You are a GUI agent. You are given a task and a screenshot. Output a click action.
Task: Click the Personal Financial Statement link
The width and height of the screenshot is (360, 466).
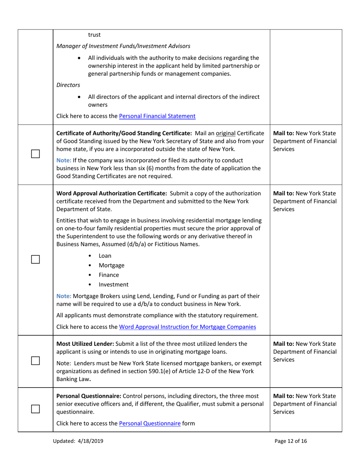[x=157, y=116]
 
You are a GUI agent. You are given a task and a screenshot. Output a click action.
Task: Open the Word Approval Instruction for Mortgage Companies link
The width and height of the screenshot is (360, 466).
[x=187, y=327]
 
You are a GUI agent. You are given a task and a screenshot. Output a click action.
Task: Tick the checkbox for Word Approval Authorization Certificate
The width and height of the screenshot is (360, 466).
[x=35, y=260]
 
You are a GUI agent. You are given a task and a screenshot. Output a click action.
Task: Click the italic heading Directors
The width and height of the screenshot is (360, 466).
[x=68, y=85]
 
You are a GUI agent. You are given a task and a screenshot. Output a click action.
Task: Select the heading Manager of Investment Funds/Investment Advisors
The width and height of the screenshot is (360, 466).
[x=123, y=46]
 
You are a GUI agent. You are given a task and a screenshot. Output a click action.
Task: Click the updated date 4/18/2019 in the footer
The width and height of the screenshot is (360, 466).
[x=89, y=441]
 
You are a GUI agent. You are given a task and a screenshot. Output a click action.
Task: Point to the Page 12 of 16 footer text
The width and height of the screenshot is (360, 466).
[x=291, y=441]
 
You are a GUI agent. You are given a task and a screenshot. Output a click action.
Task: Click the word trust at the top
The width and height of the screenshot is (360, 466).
[x=94, y=35]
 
